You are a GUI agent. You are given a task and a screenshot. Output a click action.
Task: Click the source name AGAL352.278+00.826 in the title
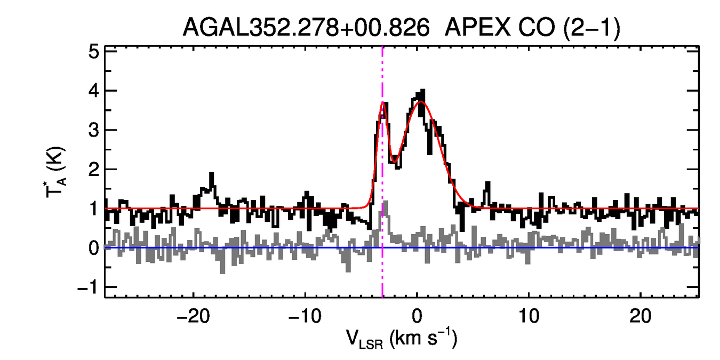pyautogui.click(x=306, y=28)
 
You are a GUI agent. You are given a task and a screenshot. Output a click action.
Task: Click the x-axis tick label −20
pyautogui.click(x=193, y=316)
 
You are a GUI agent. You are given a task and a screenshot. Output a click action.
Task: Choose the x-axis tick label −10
pyautogui.click(x=305, y=316)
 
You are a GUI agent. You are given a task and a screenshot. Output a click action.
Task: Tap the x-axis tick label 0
pyautogui.click(x=417, y=316)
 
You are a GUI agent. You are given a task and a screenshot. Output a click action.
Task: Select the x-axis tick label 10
pyautogui.click(x=529, y=316)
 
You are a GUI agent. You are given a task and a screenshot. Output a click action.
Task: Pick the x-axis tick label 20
pyautogui.click(x=641, y=316)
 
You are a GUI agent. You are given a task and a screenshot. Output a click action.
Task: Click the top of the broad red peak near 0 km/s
pyautogui.click(x=421, y=102)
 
